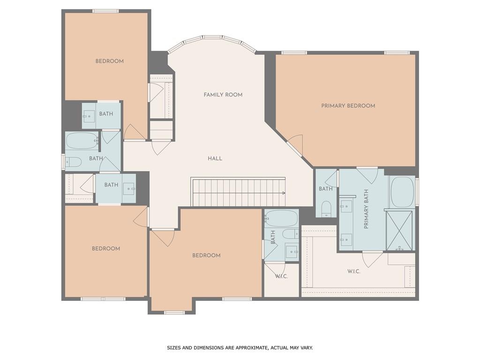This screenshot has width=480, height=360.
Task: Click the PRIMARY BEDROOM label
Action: [348, 106]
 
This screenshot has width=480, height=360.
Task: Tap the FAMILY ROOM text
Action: [223, 95]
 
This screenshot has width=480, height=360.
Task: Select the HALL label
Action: [215, 158]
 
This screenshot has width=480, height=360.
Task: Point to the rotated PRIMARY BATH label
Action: [367, 209]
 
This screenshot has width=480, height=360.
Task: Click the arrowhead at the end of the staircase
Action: [284, 193]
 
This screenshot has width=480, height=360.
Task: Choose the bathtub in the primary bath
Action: [402, 192]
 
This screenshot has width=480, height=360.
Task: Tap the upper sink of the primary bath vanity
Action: [346, 204]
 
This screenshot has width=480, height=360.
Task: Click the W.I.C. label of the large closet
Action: [354, 271]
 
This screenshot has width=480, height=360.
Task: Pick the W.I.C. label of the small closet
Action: [281, 276]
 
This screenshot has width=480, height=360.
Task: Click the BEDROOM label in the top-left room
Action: [109, 61]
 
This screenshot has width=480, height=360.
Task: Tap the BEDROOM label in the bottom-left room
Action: [105, 248]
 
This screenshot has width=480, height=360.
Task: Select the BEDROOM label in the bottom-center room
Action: [206, 255]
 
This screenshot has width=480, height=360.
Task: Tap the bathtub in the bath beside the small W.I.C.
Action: [281, 218]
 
